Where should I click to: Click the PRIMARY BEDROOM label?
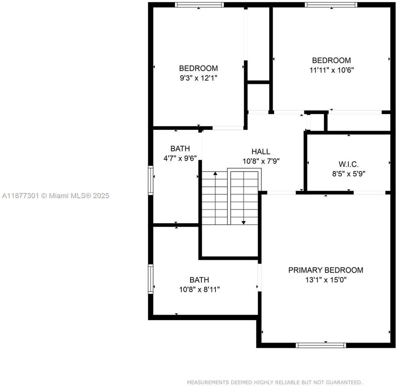pos(326,270)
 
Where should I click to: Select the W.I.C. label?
pos(348,164)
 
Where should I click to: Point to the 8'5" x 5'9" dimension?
pos(348,174)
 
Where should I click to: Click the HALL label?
pos(261,152)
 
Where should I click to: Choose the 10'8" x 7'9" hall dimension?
pos(261,161)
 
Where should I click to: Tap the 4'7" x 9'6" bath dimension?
pos(180,158)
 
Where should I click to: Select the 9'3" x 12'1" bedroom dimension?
pos(199,78)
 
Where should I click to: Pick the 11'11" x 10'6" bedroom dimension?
pos(332,70)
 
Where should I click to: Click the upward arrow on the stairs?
pos(215,173)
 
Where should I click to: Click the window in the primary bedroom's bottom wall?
pos(321,345)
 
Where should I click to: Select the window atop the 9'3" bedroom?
pos(199,5)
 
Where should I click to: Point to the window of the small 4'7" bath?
pos(151,181)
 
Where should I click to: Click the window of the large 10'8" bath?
pos(151,278)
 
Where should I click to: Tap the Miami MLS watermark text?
pos(55,196)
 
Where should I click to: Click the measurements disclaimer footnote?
pos(275,382)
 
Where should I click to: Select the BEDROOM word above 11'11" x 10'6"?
pos(332,60)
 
